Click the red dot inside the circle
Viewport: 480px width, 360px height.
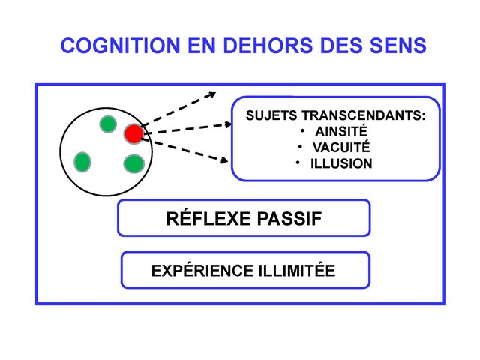[133, 133]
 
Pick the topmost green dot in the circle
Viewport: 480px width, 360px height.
[108, 123]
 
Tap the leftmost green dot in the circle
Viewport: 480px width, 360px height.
[82, 160]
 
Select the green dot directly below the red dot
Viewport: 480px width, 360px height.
[133, 163]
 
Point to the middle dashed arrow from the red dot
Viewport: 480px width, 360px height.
[187, 128]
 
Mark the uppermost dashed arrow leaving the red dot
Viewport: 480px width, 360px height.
[180, 108]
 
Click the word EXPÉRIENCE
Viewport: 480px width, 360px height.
[193, 270]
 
